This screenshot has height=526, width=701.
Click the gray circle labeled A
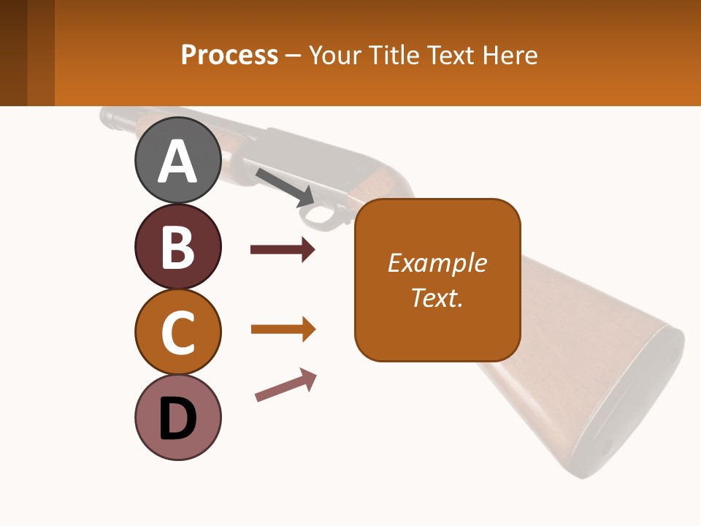177,160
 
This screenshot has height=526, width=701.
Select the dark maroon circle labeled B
177,246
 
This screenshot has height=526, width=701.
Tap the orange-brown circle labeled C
177,332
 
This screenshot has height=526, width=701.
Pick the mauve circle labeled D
177,418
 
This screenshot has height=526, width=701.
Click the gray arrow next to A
285,186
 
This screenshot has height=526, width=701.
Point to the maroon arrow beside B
283,250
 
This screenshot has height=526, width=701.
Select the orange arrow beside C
283,329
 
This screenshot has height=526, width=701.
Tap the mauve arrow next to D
286,385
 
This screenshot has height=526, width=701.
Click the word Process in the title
229,55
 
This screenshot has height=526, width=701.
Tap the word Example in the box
437,263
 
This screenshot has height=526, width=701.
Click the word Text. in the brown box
437,297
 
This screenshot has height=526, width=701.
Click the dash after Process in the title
293,56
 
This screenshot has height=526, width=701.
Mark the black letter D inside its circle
177,419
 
